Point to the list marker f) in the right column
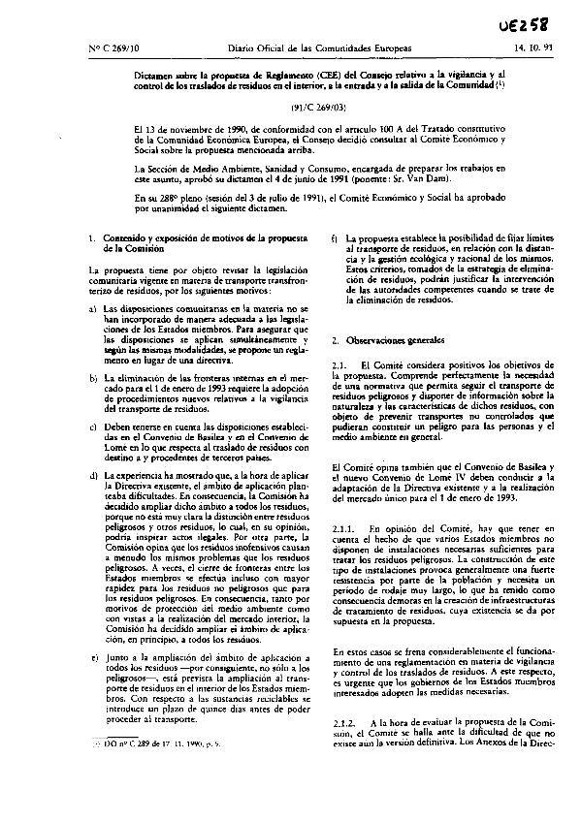click(x=336, y=238)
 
